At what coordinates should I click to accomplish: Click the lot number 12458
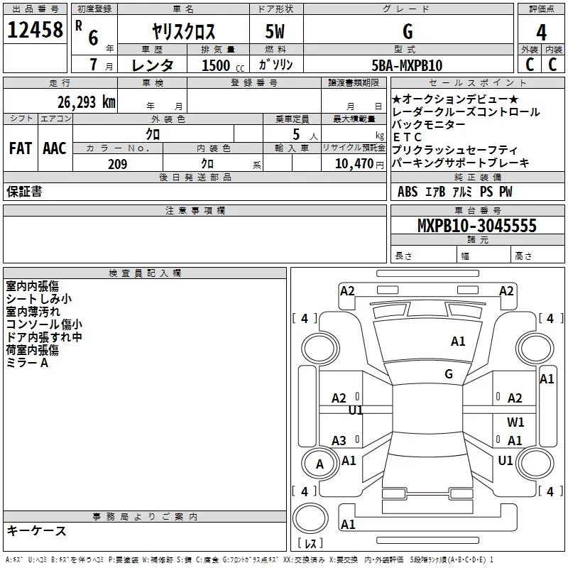pos(35,31)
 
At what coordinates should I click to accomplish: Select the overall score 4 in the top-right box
pos(542,32)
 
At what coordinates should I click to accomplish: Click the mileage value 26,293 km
pos(86,102)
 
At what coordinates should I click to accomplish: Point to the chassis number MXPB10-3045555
pos(477,226)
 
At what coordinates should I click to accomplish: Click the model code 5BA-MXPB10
pos(407,65)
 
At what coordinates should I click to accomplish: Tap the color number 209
pos(117,164)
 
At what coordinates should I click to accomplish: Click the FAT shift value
pos(21,148)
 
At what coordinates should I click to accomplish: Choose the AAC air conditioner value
pos(55,148)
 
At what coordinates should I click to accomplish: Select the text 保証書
pos(24,192)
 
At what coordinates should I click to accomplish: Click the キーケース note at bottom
pos(36,530)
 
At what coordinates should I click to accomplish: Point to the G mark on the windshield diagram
pos(449,373)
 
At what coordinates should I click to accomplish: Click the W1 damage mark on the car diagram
pos(515,422)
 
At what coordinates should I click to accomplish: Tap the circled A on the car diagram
pos(319,464)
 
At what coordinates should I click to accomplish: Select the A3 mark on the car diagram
pos(339,440)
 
